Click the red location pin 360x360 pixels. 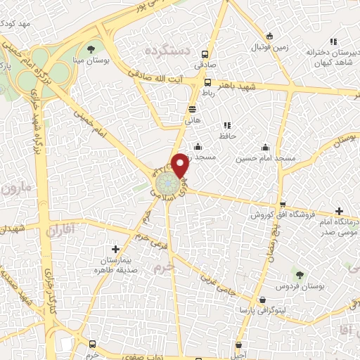point(180,164)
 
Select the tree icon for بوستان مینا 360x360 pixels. point(91,49)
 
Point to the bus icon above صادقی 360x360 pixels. point(205,53)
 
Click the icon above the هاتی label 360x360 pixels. point(193,109)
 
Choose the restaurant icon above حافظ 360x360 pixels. point(226,124)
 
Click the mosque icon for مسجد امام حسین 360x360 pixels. point(266,148)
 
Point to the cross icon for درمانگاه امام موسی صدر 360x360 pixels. point(340,211)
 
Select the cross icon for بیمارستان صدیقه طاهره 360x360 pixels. point(116,248)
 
